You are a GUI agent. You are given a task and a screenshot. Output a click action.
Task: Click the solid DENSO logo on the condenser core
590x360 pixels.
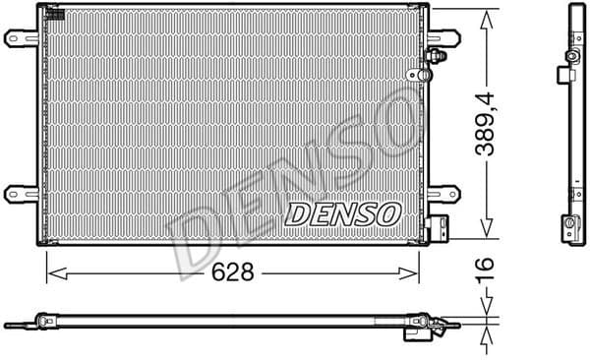point(342,211)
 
